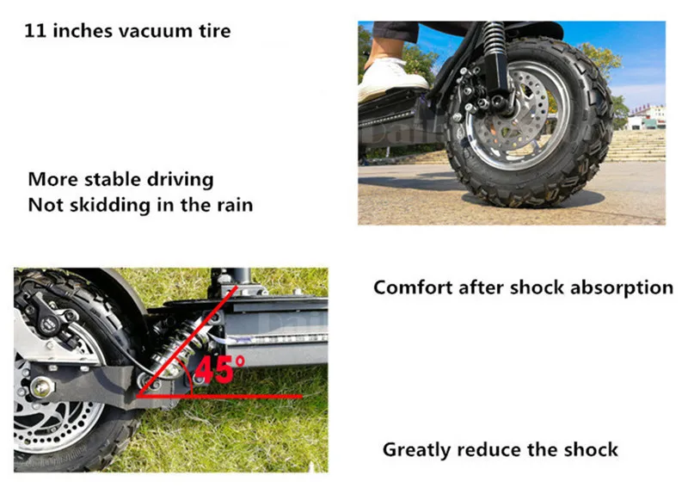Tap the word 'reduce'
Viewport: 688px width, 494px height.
click(x=492, y=449)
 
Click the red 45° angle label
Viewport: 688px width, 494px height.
click(x=219, y=371)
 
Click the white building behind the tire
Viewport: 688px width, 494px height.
click(x=647, y=117)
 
